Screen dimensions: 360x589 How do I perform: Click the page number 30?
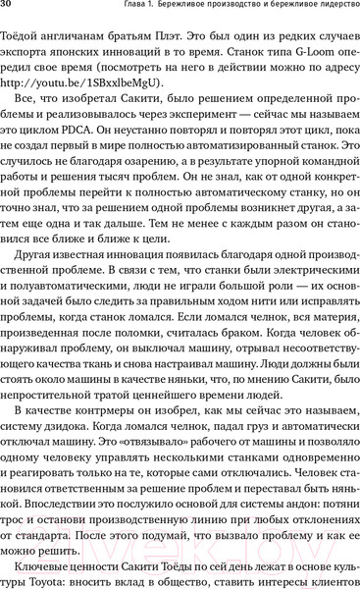click(7, 9)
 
